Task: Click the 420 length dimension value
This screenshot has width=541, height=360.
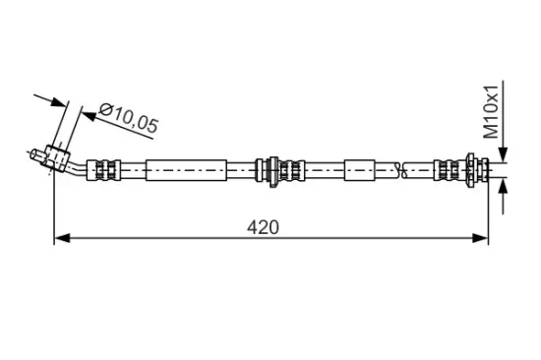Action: pyautogui.click(x=263, y=227)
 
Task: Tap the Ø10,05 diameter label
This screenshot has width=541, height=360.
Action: pyautogui.click(x=128, y=118)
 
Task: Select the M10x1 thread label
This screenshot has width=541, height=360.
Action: pyautogui.click(x=491, y=112)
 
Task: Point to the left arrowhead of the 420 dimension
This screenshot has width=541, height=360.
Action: pyautogui.click(x=62, y=238)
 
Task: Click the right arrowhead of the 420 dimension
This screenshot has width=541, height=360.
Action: pyautogui.click(x=480, y=238)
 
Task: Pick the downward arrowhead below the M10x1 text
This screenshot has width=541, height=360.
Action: pyautogui.click(x=504, y=154)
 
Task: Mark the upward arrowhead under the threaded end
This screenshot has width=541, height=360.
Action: pyautogui.click(x=504, y=186)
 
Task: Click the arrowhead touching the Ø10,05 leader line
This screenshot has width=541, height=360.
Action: pyautogui.click(x=89, y=116)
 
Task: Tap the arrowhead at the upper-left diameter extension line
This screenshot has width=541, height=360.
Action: pyautogui.click(x=59, y=102)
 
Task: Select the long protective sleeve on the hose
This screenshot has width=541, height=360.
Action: pyautogui.click(x=186, y=170)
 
